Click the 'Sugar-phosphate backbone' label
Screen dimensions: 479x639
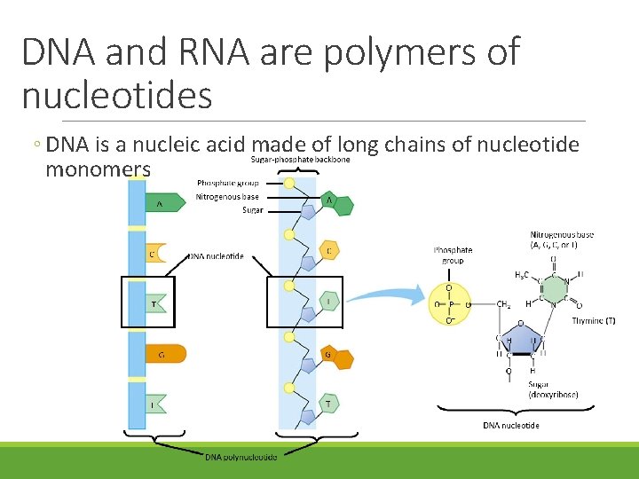(x=300, y=160)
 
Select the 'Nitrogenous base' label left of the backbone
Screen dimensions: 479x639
(x=227, y=197)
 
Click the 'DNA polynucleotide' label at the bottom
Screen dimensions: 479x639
(x=241, y=457)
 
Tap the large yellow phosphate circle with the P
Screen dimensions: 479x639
(x=449, y=302)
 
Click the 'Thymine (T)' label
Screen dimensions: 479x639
(x=594, y=320)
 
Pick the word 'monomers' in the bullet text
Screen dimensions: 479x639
(x=98, y=168)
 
